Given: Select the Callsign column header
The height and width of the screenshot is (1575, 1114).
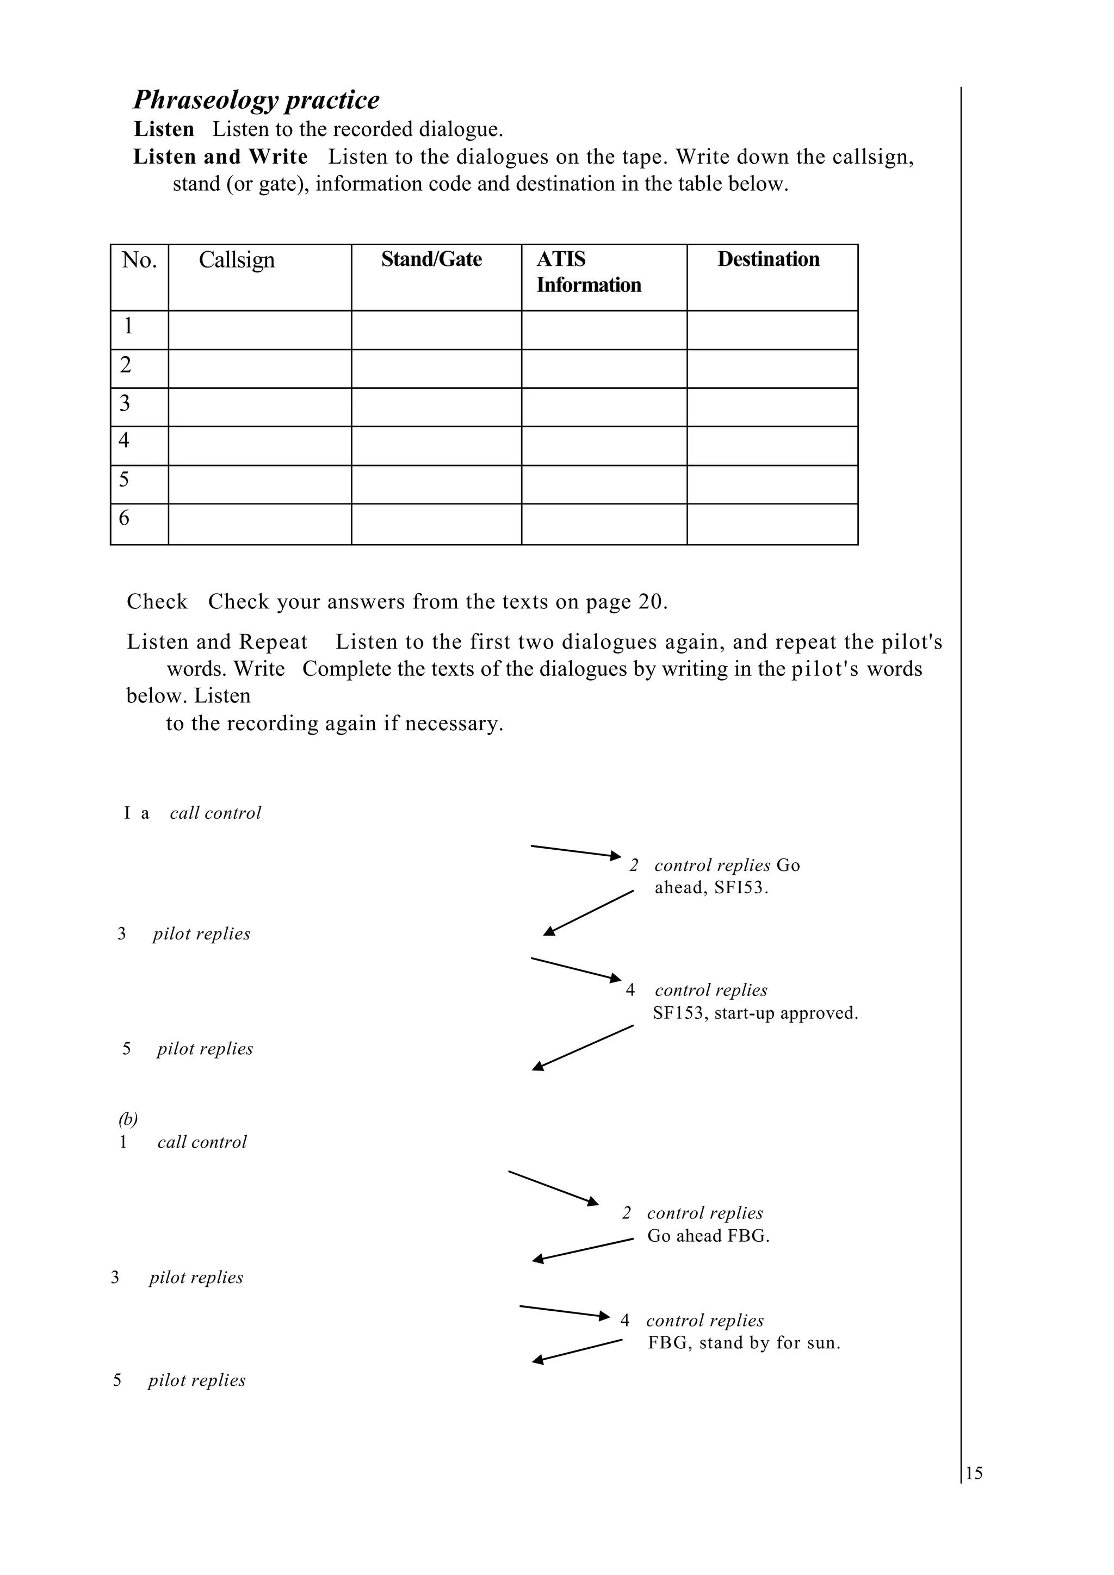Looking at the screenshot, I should [237, 260].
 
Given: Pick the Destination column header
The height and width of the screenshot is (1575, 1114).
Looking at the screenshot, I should [768, 259].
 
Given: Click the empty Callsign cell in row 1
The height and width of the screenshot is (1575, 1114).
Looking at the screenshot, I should [259, 330].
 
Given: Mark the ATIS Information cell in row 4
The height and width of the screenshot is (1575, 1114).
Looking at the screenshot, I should [603, 446].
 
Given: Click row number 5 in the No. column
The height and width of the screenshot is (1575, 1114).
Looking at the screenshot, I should [124, 480].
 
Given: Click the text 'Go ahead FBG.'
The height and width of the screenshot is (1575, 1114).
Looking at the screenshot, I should [708, 1236].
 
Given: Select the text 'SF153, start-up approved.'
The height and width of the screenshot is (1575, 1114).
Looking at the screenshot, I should [755, 1013].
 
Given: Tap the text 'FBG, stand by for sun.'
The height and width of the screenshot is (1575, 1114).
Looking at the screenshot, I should [744, 1343].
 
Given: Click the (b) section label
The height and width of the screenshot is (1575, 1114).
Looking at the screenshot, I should [128, 1119].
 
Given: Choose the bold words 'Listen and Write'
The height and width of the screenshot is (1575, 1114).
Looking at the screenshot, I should [220, 157].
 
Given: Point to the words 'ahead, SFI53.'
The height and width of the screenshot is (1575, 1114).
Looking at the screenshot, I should [711, 888].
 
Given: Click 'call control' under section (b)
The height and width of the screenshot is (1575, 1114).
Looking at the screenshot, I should [202, 1142].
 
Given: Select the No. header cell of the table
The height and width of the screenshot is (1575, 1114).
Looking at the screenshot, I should [139, 260].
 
